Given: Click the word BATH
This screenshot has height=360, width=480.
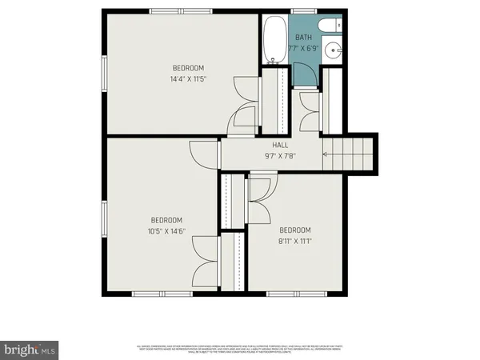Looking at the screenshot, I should click(x=304, y=38).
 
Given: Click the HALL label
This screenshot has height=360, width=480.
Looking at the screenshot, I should click(x=280, y=145).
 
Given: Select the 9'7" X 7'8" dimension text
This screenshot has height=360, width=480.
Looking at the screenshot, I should click(x=280, y=158).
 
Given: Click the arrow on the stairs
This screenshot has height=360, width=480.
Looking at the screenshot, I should click(x=326, y=154).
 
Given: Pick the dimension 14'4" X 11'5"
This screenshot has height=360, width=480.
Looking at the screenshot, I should click(x=189, y=79).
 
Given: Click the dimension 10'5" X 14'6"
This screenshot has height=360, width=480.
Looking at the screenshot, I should click(x=167, y=232).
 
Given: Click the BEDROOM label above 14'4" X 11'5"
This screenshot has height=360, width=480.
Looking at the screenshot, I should click(x=189, y=67).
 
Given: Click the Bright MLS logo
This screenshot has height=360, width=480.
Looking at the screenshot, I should click(x=30, y=350).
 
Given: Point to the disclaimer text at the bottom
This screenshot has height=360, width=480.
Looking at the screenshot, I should click(x=239, y=349).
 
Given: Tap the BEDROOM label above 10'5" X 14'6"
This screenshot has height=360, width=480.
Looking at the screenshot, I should click(x=167, y=220).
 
